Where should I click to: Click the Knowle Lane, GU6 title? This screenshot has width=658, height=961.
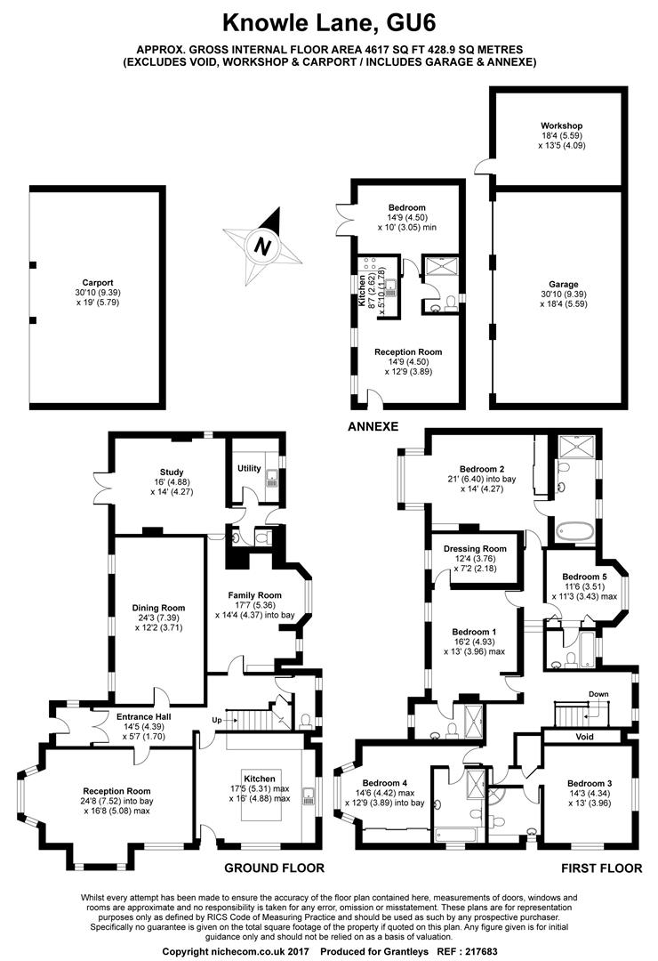click(x=329, y=22)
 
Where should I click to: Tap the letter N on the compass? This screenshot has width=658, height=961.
click(x=263, y=247)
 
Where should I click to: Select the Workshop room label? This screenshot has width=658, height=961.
click(x=561, y=126)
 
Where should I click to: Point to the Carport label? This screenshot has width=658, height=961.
click(x=98, y=283)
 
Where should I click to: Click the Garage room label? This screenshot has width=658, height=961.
click(x=563, y=285)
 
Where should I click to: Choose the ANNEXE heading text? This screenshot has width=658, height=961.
click(x=373, y=426)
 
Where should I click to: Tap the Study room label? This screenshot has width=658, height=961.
click(x=172, y=472)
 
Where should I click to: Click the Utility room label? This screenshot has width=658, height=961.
click(x=249, y=468)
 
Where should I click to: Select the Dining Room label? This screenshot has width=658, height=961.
click(x=158, y=608)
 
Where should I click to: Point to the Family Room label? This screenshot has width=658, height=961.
click(x=255, y=595)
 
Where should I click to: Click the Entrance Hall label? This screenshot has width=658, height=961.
click(x=144, y=716)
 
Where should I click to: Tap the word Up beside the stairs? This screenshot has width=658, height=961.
click(x=217, y=720)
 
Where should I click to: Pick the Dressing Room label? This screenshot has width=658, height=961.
click(x=476, y=549)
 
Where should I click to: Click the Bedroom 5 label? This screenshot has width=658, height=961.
click(x=584, y=577)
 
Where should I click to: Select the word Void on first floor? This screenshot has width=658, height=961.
click(x=585, y=737)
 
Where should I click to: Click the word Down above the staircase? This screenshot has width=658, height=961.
click(x=598, y=694)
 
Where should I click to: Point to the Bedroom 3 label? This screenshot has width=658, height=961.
click(x=590, y=783)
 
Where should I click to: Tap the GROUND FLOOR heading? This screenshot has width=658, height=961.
click(x=274, y=868)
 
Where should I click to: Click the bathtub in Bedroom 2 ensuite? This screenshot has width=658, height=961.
click(x=575, y=530)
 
